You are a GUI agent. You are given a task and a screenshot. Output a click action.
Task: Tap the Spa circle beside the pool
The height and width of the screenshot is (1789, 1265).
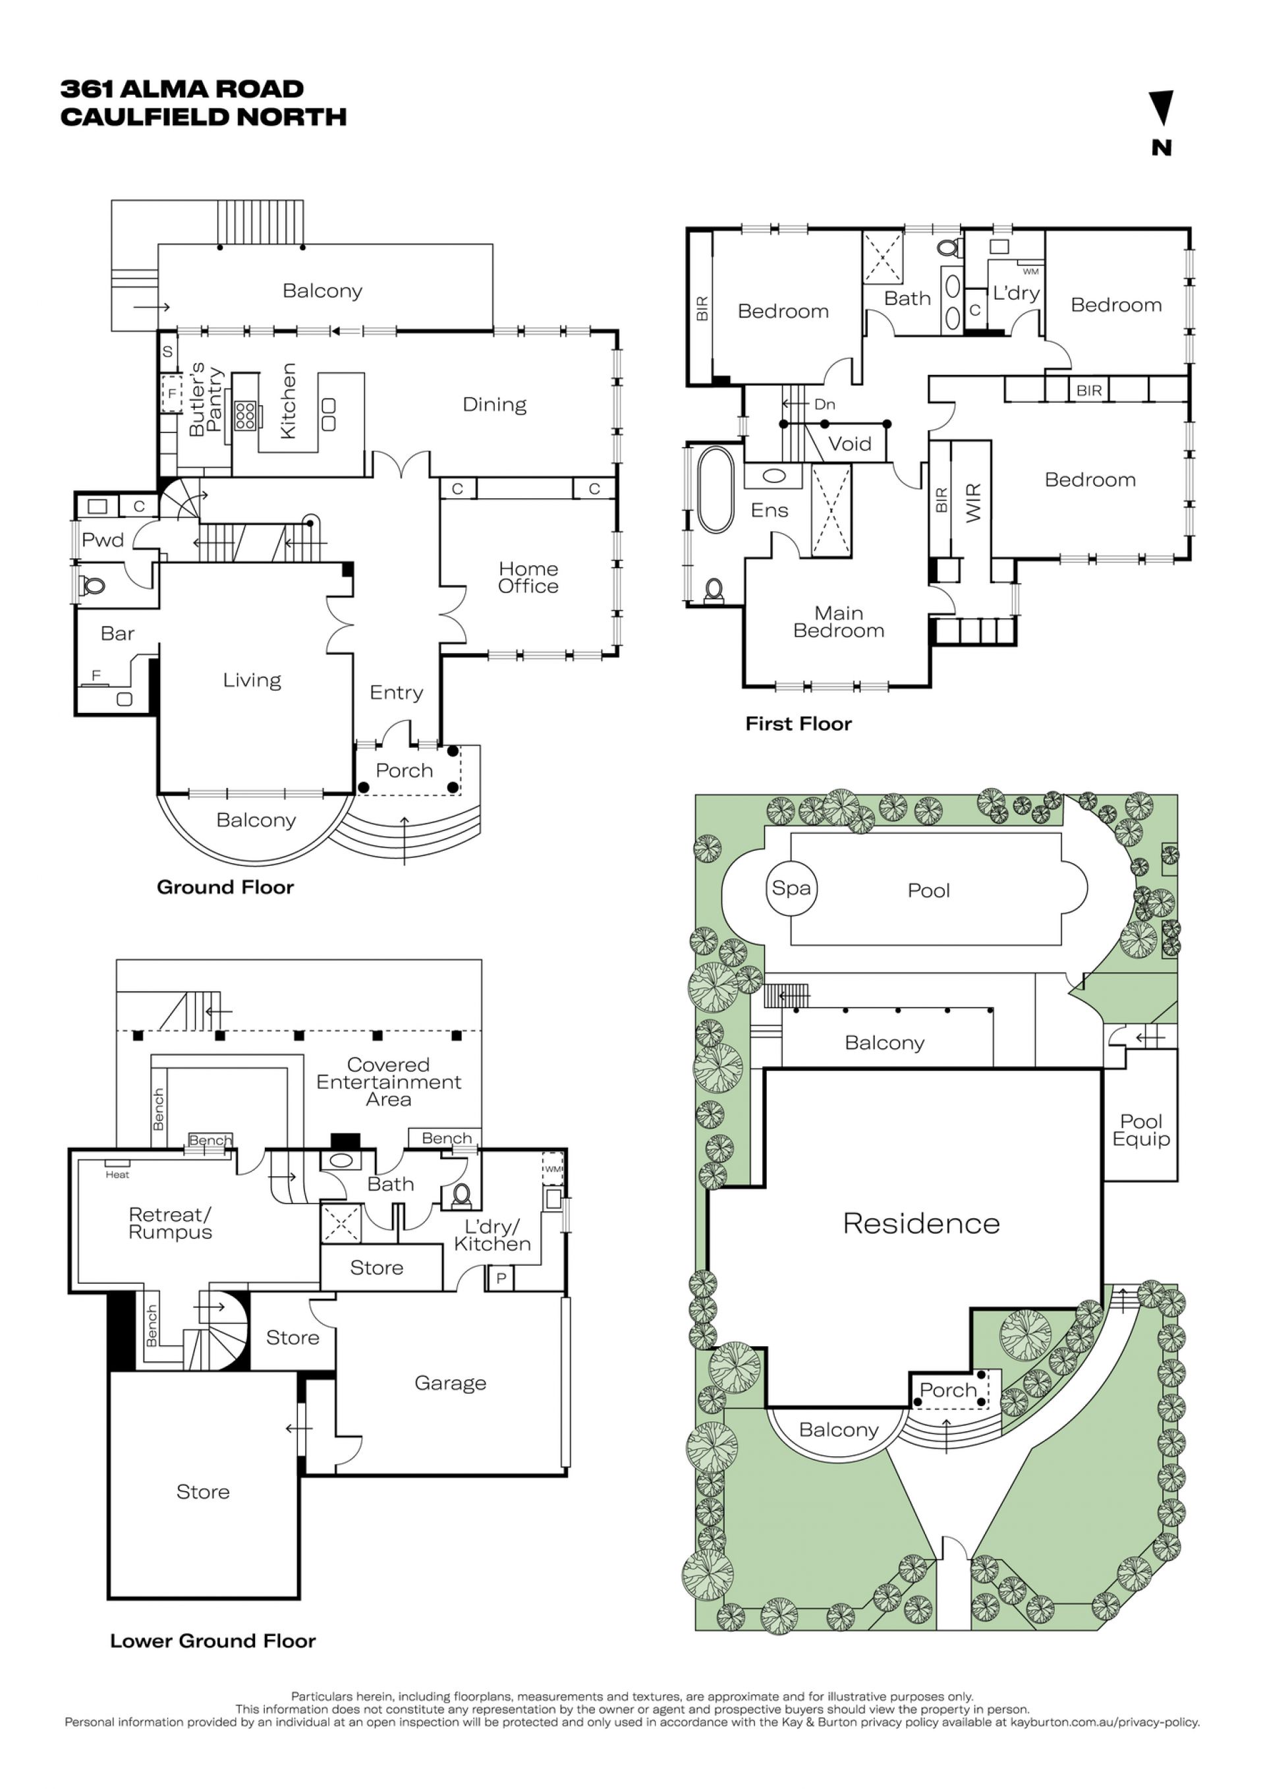[x=791, y=888]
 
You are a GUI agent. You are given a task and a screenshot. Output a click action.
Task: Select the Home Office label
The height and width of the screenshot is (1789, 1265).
[x=528, y=577]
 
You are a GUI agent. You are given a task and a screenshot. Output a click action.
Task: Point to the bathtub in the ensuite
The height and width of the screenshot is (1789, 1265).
[x=715, y=490]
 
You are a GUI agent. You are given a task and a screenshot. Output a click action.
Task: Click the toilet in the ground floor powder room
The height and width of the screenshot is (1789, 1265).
[x=94, y=584]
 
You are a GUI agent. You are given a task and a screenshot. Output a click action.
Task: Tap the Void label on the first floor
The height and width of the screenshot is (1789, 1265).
[x=849, y=444]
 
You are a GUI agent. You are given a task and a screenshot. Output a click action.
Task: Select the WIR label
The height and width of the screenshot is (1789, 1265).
[x=974, y=503]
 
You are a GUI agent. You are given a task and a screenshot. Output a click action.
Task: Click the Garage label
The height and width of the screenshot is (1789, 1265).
[x=450, y=1383]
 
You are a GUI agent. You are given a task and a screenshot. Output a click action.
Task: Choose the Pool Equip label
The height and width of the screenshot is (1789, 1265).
[x=1141, y=1131]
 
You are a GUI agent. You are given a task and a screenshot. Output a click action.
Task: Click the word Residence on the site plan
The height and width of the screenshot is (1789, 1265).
[x=922, y=1224]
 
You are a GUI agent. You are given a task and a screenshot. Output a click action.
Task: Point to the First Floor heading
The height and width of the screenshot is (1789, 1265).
[x=799, y=724]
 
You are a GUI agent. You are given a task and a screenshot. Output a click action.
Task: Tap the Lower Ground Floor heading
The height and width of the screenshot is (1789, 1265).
[x=213, y=1641]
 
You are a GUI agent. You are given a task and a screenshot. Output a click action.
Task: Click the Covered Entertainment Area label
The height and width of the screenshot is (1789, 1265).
[x=389, y=1081]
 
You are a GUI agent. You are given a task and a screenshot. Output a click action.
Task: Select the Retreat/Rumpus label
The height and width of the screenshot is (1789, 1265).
[x=171, y=1224]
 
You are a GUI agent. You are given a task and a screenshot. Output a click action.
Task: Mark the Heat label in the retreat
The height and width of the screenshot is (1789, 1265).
[x=118, y=1175]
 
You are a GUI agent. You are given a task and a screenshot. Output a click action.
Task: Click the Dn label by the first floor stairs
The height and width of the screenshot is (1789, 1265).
[x=824, y=405]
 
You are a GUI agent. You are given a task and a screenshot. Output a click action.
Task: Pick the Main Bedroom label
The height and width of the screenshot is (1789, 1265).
[x=839, y=622]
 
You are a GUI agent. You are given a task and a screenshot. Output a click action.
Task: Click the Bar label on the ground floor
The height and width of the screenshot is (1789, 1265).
[x=118, y=633]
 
